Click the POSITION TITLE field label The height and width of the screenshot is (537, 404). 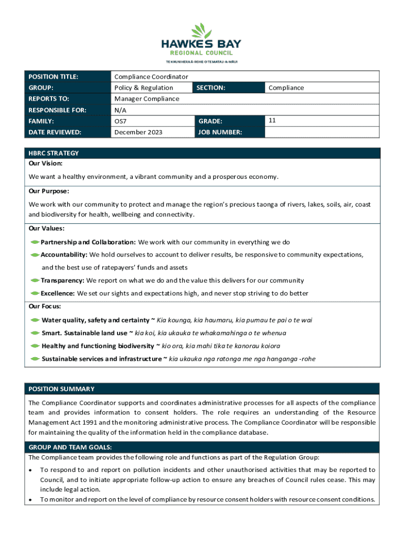[54, 77]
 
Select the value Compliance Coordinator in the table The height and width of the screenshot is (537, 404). [151, 77]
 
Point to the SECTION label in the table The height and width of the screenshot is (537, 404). [211, 88]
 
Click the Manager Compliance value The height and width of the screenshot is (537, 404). [146, 99]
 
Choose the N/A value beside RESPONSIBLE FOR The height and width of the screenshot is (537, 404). [120, 110]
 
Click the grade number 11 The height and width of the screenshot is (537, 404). [272, 120]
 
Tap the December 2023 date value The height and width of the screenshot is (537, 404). [138, 132]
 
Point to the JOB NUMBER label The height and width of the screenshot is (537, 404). [219, 132]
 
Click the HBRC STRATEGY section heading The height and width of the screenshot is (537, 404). [54, 153]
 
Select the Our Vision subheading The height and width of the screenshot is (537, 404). [46, 164]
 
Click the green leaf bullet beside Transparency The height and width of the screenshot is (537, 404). [35, 281]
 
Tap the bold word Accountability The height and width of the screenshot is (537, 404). [64, 254]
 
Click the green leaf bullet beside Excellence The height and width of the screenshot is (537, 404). [35, 293]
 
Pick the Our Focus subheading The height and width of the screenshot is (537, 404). [45, 306]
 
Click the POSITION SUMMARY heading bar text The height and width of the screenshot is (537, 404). [61, 389]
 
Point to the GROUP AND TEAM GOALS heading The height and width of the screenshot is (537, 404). [70, 447]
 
